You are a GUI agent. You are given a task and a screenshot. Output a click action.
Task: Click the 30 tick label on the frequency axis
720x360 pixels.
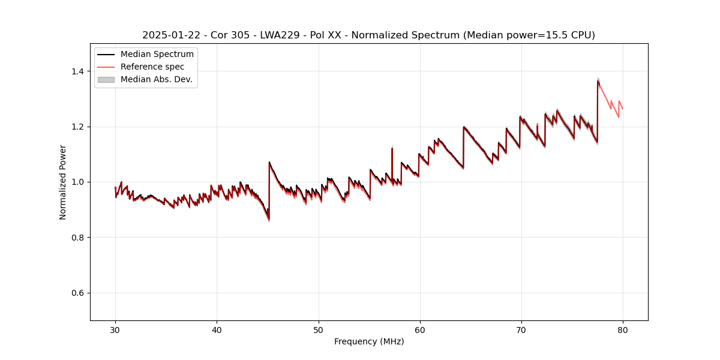[115, 329]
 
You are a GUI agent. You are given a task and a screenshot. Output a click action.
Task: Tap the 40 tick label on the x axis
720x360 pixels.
[217, 329]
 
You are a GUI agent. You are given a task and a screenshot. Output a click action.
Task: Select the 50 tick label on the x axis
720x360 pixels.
[318, 329]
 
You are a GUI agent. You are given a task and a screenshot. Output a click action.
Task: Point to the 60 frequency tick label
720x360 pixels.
[419, 329]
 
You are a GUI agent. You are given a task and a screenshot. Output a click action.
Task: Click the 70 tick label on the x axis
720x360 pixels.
[521, 329]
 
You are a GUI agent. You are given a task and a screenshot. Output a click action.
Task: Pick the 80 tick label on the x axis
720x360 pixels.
[622, 329]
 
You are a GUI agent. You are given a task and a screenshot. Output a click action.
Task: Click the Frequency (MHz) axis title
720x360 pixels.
[369, 341]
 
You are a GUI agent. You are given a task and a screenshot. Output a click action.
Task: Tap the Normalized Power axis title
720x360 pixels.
[63, 182]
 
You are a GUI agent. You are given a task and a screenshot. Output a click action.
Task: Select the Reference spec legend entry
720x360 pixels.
[152, 67]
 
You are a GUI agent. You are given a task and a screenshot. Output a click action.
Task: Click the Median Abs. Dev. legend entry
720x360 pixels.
[156, 79]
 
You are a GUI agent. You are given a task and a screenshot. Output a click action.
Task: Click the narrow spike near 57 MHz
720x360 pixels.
[392, 148]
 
